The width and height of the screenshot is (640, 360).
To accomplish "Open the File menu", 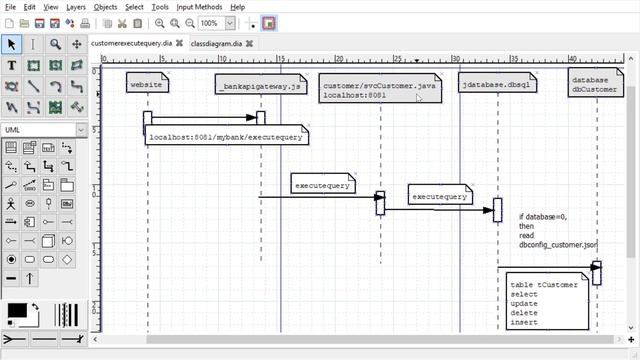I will [x=10, y=7].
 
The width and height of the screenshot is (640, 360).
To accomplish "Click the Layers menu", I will [x=76, y=7].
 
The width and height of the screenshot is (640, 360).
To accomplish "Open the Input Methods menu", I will [x=198, y=7].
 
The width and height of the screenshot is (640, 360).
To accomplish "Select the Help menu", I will [x=238, y=7].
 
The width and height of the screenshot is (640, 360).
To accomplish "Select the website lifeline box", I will [x=147, y=85].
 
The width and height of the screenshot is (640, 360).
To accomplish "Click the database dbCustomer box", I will [x=595, y=84].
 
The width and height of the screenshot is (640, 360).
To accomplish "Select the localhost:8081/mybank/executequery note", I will [x=225, y=137].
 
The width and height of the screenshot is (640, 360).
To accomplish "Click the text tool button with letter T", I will [x=11, y=65].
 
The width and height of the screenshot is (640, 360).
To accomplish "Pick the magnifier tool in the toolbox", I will [x=55, y=44].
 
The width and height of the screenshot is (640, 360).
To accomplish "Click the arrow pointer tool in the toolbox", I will [x=11, y=44].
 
